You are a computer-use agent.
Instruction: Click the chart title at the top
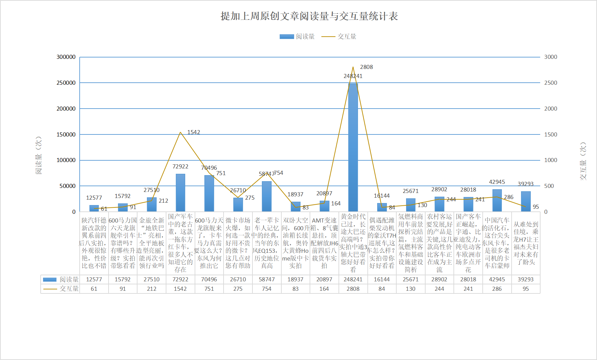click(309, 16)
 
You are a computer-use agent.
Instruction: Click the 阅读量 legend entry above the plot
click(297, 36)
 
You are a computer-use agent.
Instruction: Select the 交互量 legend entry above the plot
click(339, 36)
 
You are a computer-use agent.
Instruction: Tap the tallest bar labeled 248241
click(353, 148)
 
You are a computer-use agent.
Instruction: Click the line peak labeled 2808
click(353, 67)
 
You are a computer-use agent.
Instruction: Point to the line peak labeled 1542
click(181, 132)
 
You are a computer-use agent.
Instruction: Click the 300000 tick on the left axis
click(66, 57)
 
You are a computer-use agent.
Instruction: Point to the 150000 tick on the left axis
click(66, 134)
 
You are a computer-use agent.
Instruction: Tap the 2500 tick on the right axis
click(551, 83)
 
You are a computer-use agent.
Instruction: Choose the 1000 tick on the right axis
click(551, 160)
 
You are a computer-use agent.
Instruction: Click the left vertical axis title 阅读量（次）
click(39, 155)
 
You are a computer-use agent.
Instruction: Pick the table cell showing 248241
click(353, 279)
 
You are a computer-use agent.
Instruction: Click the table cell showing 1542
click(180, 289)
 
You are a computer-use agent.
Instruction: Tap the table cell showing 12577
click(94, 279)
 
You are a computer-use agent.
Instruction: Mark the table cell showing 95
click(526, 289)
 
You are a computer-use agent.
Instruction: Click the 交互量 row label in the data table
click(61, 289)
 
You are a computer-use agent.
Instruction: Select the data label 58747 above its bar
click(266, 174)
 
